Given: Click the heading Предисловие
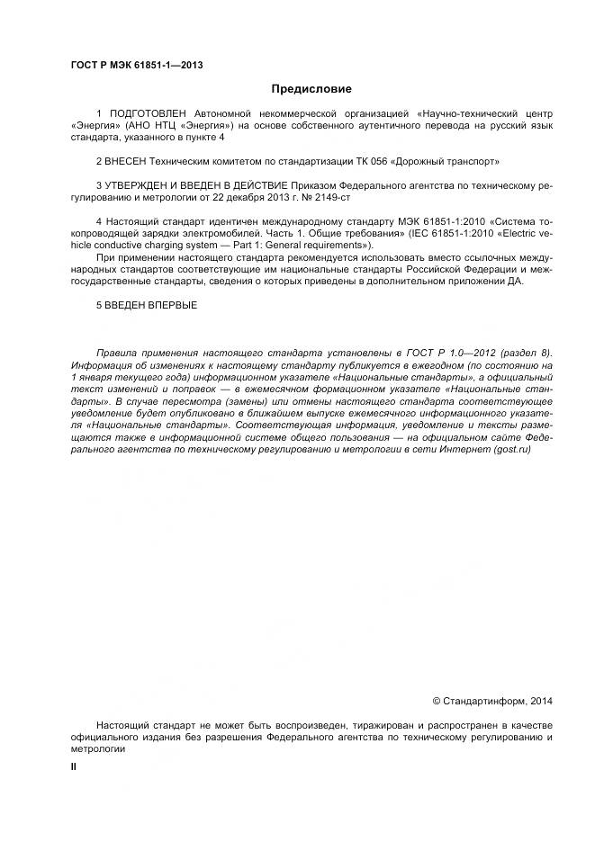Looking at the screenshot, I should [x=311, y=89].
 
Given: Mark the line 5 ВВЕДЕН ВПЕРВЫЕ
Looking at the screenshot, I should [x=146, y=305].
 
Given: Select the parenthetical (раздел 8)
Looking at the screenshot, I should [x=524, y=353].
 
